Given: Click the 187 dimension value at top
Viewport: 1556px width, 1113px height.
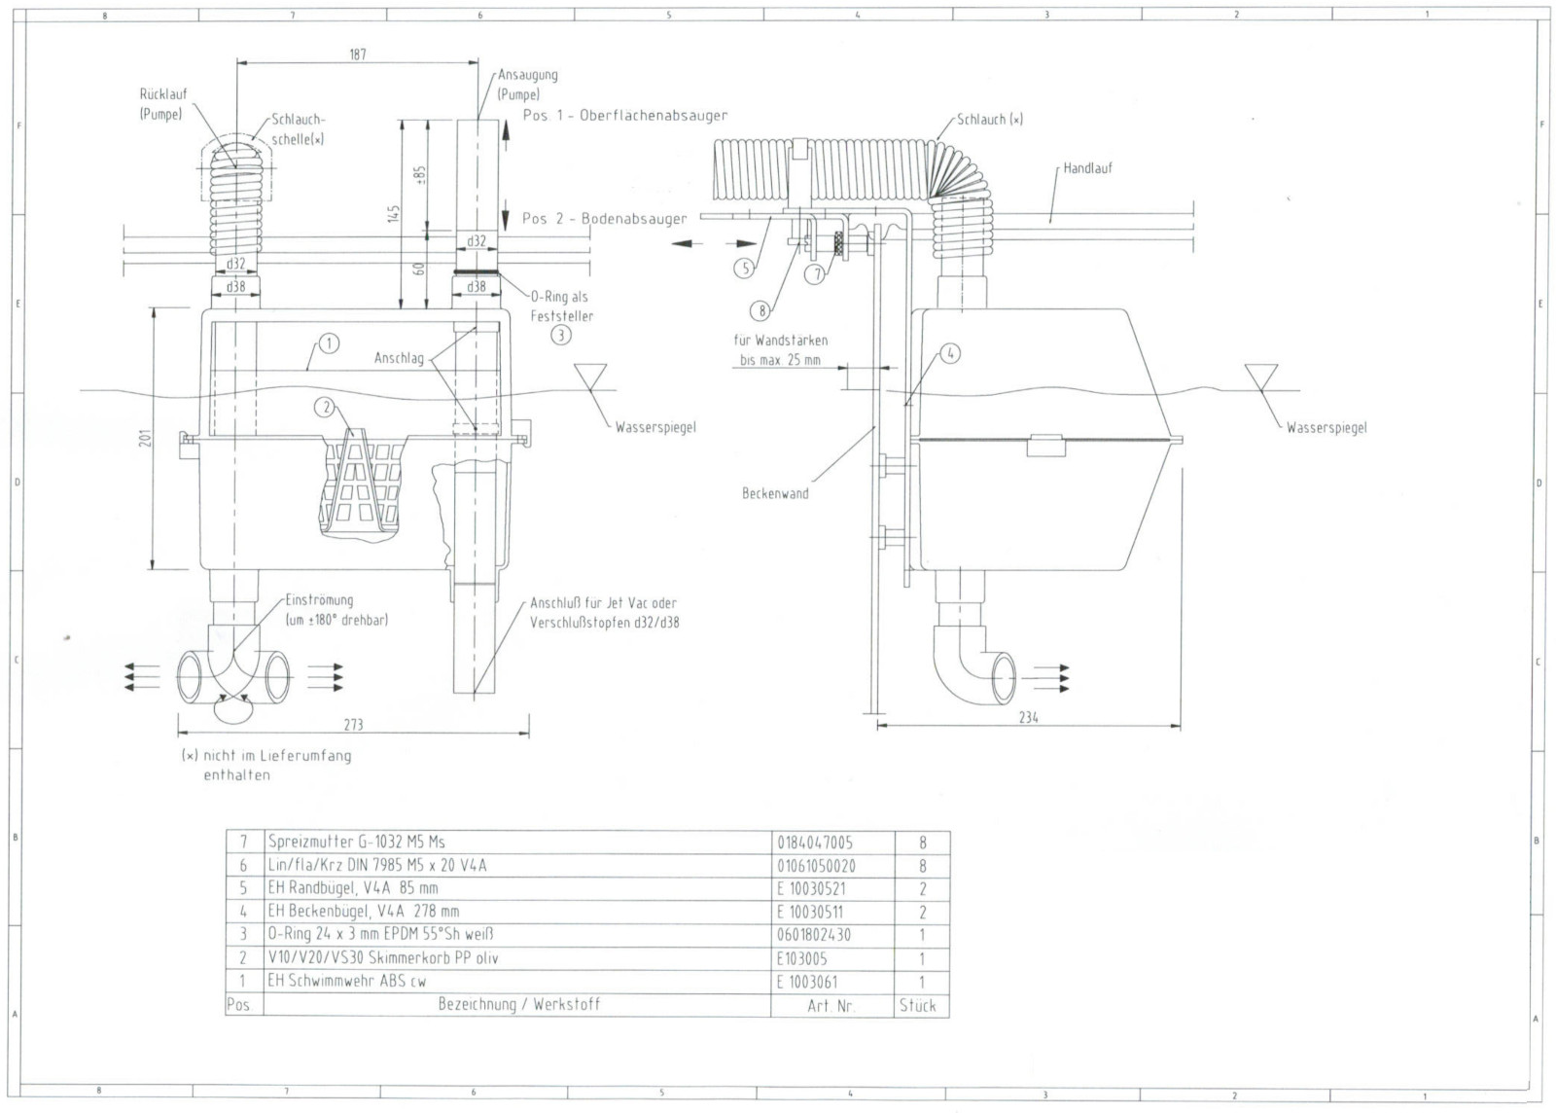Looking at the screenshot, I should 357,54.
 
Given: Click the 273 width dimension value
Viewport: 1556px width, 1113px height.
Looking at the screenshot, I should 353,724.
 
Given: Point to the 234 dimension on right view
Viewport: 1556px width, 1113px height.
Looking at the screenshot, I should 1029,717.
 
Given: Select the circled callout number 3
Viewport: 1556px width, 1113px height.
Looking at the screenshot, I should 561,336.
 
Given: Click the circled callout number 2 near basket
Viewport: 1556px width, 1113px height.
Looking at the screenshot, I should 325,407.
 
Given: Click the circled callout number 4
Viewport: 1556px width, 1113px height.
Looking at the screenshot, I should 950,353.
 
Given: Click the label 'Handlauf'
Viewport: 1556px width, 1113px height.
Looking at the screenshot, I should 1087,168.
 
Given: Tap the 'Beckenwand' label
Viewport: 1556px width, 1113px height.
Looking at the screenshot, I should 774,493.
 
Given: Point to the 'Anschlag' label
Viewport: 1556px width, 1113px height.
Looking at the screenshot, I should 399,358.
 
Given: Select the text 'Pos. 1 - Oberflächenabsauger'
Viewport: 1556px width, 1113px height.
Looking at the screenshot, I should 624,116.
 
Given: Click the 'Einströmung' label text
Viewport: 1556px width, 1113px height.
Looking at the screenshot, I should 319,600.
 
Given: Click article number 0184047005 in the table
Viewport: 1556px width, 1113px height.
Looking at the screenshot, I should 816,843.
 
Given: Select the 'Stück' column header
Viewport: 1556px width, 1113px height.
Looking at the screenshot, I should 917,1005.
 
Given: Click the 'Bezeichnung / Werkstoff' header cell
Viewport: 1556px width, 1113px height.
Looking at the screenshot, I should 518,1004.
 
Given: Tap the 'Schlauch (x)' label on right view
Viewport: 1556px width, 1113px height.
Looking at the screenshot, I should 989,120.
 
